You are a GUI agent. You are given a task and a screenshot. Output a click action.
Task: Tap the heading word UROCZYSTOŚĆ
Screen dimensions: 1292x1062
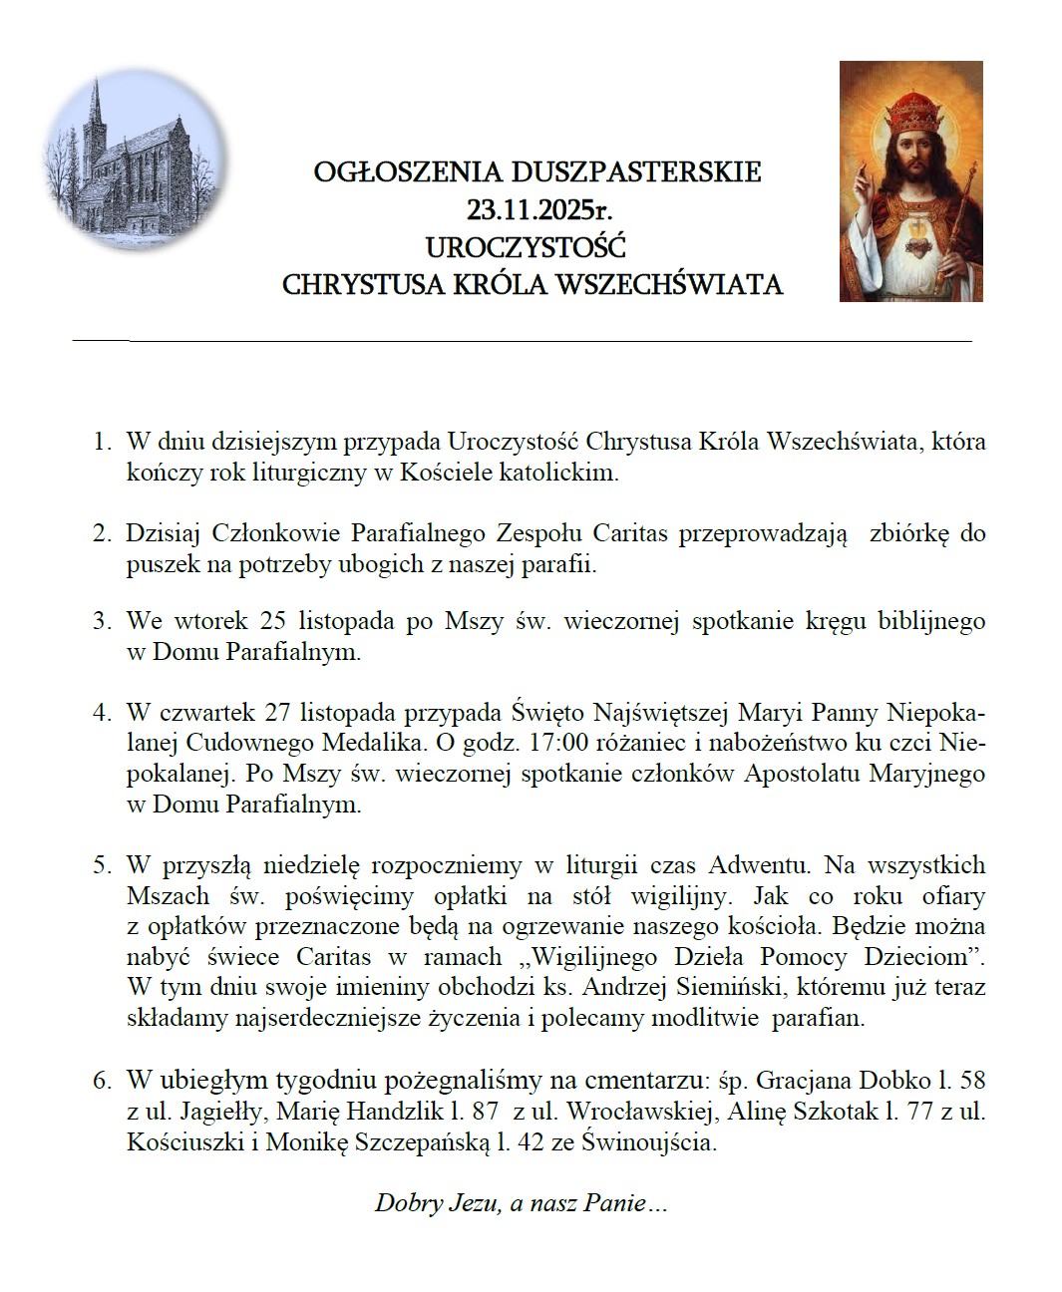pos(526,246)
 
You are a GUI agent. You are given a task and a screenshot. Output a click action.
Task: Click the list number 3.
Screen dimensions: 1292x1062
pos(102,621)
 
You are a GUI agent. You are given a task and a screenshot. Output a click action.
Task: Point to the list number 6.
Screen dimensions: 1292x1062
pos(102,1080)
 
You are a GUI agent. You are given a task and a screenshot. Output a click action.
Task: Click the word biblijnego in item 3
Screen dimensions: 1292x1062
pos(931,621)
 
